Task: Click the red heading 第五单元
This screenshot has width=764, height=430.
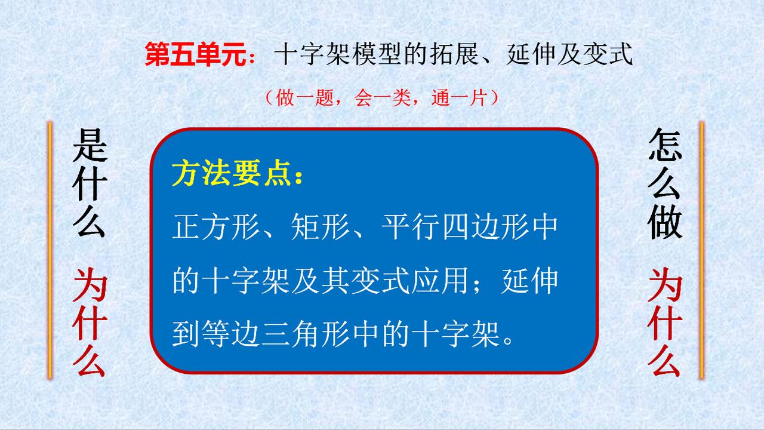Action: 195,54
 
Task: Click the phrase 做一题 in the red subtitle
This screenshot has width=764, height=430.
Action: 304,98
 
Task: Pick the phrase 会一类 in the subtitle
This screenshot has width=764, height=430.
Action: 382,98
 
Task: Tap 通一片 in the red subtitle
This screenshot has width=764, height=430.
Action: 459,98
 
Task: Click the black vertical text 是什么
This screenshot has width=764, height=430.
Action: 90,183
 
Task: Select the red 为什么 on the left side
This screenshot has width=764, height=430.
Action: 90,322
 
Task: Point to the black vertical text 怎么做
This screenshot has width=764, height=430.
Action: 665,183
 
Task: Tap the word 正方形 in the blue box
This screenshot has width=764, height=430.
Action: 216,226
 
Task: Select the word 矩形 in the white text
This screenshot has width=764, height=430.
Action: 321,226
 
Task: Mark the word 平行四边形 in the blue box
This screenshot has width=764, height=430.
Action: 454,226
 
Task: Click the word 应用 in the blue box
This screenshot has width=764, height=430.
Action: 439,281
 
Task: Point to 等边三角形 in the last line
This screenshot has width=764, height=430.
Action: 276,334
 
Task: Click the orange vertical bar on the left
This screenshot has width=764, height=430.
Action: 50,250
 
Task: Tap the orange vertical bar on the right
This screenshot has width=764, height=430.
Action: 701,250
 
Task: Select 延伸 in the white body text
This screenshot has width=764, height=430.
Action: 529,281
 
